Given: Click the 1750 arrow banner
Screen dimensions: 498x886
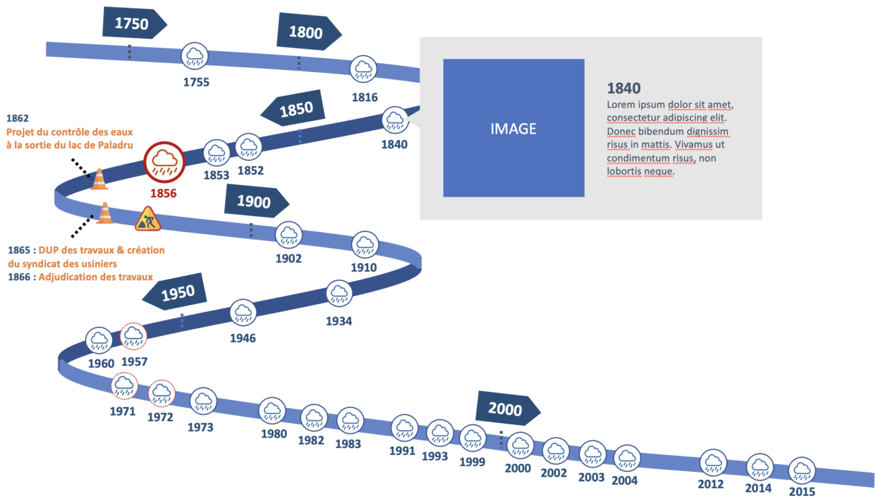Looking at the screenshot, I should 134,23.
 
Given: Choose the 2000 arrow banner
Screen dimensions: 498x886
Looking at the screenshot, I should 507,409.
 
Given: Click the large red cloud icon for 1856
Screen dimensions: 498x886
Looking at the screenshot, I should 164,163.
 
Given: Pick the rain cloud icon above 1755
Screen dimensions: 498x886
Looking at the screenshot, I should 195,56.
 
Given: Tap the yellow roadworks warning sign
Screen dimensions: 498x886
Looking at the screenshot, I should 147,219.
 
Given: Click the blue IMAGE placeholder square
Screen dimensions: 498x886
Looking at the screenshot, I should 514,128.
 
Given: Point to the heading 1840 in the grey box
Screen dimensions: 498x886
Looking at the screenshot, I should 624,88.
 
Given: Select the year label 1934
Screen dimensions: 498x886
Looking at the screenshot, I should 339,321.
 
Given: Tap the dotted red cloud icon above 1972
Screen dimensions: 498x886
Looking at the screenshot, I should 162,393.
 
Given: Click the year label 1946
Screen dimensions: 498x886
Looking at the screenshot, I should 243,338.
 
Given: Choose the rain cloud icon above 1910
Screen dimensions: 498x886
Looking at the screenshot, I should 365,244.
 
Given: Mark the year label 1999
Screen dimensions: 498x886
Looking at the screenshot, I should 472,461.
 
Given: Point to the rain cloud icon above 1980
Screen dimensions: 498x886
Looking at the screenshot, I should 273,410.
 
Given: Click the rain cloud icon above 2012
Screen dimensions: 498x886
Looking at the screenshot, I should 712,462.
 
